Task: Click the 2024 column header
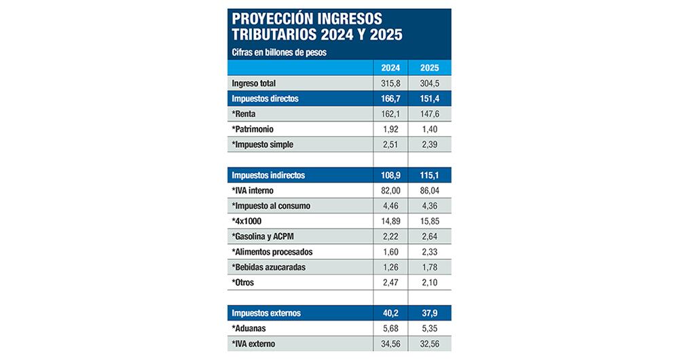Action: point(390,68)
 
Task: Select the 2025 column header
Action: point(429,68)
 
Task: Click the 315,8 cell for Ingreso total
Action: point(390,84)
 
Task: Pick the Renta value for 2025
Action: point(429,114)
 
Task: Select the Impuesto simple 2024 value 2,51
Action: point(390,145)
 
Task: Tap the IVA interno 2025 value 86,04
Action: point(429,191)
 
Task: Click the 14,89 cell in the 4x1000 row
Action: point(390,221)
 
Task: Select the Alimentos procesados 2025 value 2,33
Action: point(429,252)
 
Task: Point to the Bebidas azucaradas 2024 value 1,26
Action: point(390,267)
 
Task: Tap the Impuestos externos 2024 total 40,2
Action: point(390,313)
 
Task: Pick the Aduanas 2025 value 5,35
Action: point(429,329)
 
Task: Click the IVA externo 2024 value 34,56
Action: point(390,344)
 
